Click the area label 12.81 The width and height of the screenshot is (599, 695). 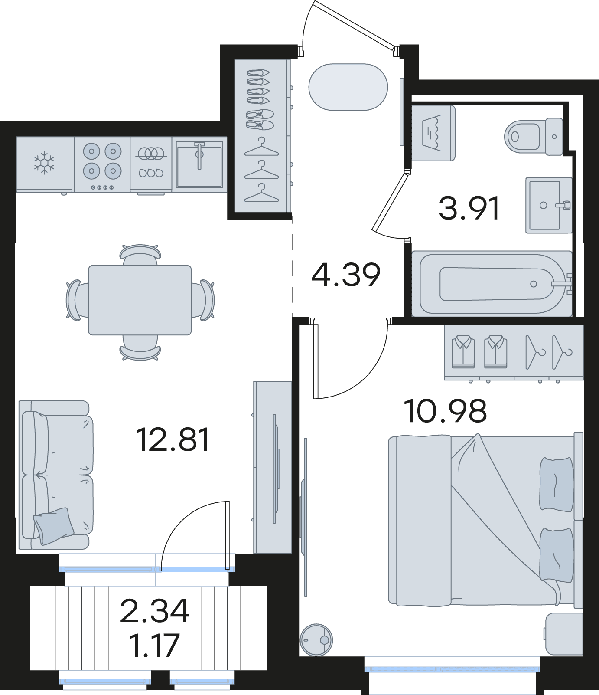(173, 439)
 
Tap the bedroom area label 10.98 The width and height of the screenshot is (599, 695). (445, 411)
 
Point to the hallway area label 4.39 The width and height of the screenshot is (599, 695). (346, 275)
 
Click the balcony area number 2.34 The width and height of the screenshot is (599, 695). (155, 611)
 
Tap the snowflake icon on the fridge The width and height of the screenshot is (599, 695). (44, 163)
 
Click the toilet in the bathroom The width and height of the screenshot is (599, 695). (534, 136)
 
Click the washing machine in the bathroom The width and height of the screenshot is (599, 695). (433, 133)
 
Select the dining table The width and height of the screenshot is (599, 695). (140, 300)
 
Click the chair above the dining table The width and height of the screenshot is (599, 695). (140, 254)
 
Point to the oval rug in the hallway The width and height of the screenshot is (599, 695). (348, 87)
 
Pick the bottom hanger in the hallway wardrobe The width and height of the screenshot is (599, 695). (261, 193)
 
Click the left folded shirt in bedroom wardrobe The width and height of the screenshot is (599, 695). (463, 352)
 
